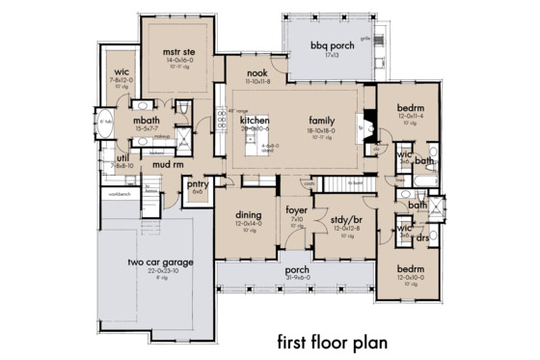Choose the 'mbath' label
[147, 122]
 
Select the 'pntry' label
[198, 182]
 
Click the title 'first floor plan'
[332, 342]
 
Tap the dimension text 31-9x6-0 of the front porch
[297, 278]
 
